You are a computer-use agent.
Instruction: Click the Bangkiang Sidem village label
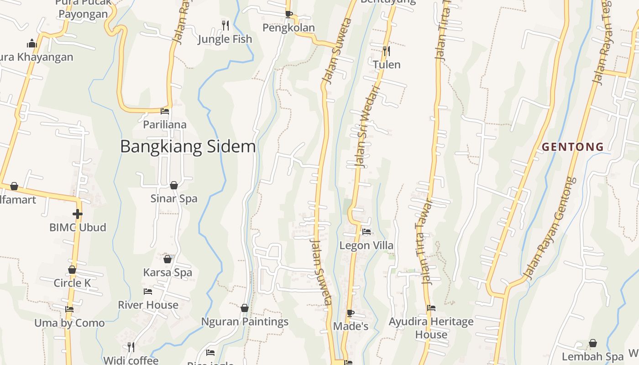coord(188,146)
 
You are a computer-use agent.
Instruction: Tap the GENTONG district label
coord(573,147)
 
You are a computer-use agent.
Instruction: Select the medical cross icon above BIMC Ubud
coord(78,214)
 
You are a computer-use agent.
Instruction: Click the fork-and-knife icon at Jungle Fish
coord(225,25)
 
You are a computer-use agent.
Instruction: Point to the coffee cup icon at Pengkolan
coord(288,14)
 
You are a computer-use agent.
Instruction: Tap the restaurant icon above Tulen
coord(387,51)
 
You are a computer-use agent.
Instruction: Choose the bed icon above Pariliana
coord(165,111)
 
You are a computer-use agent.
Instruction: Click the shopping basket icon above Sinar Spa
coord(174,185)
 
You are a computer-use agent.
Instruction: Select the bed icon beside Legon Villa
coord(367,232)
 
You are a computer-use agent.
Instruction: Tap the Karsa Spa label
coord(168,272)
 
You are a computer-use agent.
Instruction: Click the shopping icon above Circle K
coord(72,270)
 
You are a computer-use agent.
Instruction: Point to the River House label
coord(148,305)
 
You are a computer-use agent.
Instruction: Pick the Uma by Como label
coord(69,323)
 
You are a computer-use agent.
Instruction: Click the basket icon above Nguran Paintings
coord(245,308)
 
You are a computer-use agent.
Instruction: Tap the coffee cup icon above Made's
coord(350,313)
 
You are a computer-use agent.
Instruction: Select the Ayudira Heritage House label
coord(431,328)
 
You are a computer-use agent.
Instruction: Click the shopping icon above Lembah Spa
coord(592,343)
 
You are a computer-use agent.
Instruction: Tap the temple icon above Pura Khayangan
coord(32,43)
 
